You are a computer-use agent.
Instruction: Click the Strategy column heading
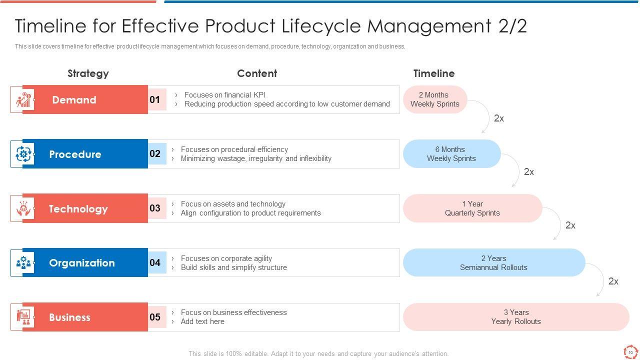pyautogui.click(x=88, y=73)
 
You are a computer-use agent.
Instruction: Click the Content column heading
pyautogui.click(x=257, y=73)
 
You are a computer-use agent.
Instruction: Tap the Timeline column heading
pyautogui.click(x=433, y=73)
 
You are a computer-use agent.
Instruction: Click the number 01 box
pyautogui.click(x=157, y=99)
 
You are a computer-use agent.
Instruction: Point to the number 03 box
pyautogui.click(x=157, y=208)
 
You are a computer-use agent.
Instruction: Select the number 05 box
pyautogui.click(x=157, y=317)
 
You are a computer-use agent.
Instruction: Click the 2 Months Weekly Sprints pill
pyautogui.click(x=435, y=99)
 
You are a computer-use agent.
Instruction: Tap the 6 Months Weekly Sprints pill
pyautogui.click(x=451, y=153)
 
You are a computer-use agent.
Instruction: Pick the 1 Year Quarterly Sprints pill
pyautogui.click(x=472, y=208)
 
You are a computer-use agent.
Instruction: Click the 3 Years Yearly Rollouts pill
pyautogui.click(x=516, y=317)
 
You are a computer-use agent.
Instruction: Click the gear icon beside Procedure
pyautogui.click(x=23, y=154)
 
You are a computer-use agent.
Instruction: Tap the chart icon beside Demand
pyautogui.click(x=23, y=99)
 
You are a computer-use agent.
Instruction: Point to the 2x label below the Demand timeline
pyautogui.click(x=499, y=118)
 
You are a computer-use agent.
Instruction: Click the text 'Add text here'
pyautogui.click(x=202, y=321)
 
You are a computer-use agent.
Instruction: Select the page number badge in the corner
pyautogui.click(x=630, y=352)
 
